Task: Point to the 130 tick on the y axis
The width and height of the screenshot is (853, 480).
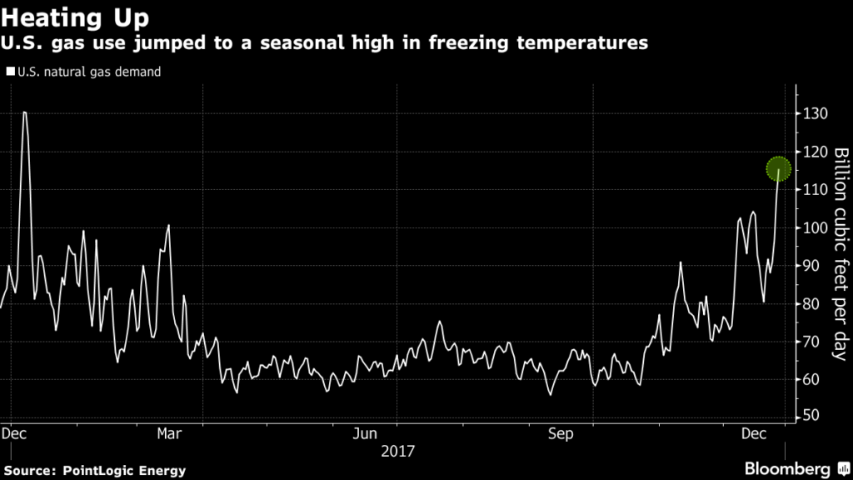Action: click(814, 113)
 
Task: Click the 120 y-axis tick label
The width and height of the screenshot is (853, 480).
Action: click(814, 152)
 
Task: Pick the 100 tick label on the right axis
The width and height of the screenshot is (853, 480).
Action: click(814, 227)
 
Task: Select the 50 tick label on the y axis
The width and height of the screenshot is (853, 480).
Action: click(811, 417)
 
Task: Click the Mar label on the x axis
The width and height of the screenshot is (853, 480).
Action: click(170, 434)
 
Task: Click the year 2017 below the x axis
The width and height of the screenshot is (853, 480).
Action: click(397, 452)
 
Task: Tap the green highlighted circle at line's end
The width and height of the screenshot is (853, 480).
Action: click(779, 169)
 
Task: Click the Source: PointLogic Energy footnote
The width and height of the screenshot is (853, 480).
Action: click(93, 471)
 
